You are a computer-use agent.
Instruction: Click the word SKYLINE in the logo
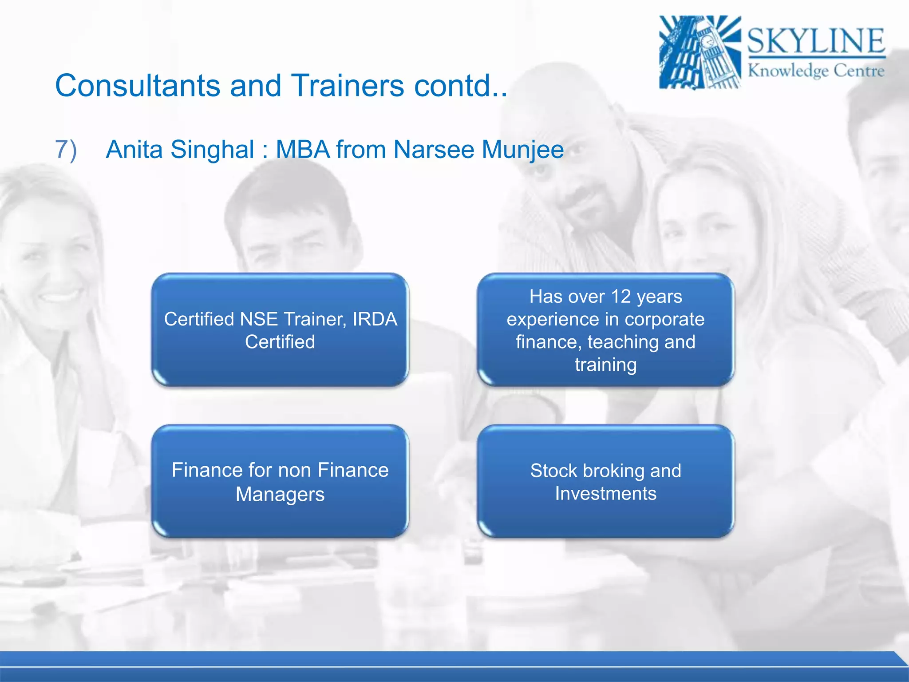(x=816, y=41)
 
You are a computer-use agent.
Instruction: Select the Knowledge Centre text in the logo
(x=816, y=71)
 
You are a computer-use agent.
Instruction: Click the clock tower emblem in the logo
(x=700, y=52)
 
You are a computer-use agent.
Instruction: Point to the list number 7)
(x=66, y=149)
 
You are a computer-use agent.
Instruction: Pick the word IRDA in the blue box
(x=375, y=319)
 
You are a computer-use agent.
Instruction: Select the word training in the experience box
(x=605, y=365)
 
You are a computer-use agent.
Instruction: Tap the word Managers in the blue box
(x=280, y=494)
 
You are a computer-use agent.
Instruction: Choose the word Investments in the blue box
(x=605, y=494)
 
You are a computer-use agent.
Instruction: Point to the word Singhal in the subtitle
(x=212, y=149)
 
